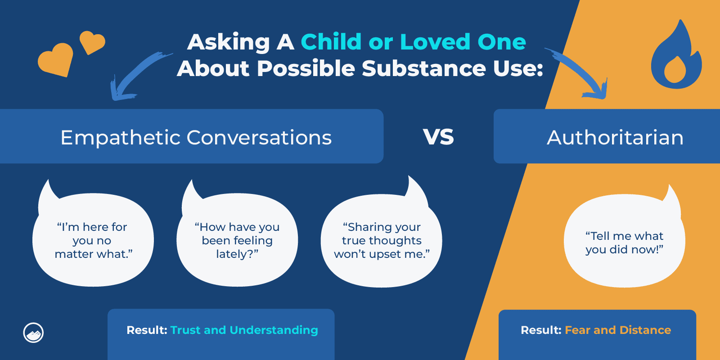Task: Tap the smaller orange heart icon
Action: [x=92, y=42]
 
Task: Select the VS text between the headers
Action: [x=438, y=137]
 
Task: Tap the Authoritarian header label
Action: [x=615, y=138]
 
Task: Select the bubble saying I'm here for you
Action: [x=93, y=240]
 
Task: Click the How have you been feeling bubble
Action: [x=237, y=240]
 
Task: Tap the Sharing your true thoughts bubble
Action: [x=382, y=240]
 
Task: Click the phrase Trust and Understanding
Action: [x=244, y=330]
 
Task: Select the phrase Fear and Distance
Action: [x=617, y=330]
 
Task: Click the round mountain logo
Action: [x=33, y=333]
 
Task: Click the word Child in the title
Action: [x=331, y=42]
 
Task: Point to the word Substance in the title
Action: [x=423, y=68]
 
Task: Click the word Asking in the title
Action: [x=228, y=42]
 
